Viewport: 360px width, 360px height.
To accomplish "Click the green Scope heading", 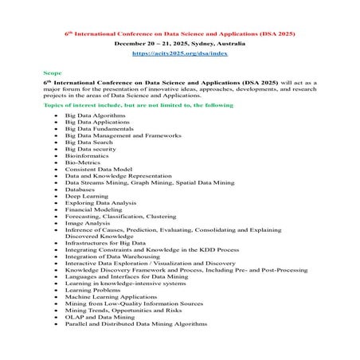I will tap(51, 71).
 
